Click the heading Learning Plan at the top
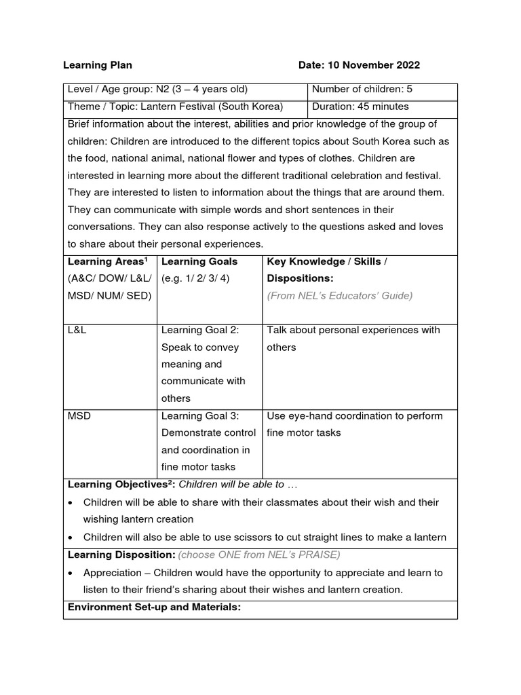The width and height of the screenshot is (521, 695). (98, 65)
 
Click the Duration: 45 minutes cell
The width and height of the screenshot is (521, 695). (360, 107)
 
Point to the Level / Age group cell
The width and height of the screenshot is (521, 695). (157, 90)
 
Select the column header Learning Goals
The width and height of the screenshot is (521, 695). (199, 261)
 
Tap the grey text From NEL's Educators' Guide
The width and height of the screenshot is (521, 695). (339, 295)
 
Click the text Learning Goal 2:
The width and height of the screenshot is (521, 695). (200, 330)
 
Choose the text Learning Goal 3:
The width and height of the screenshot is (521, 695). (200, 415)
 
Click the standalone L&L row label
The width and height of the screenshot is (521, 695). (77, 330)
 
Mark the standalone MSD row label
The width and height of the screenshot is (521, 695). (79, 415)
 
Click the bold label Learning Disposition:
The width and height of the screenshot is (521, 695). (121, 555)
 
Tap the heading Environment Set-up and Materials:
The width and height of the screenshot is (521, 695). (154, 607)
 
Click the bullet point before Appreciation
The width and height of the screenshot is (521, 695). (71, 573)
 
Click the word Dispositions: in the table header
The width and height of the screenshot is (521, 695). (300, 278)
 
